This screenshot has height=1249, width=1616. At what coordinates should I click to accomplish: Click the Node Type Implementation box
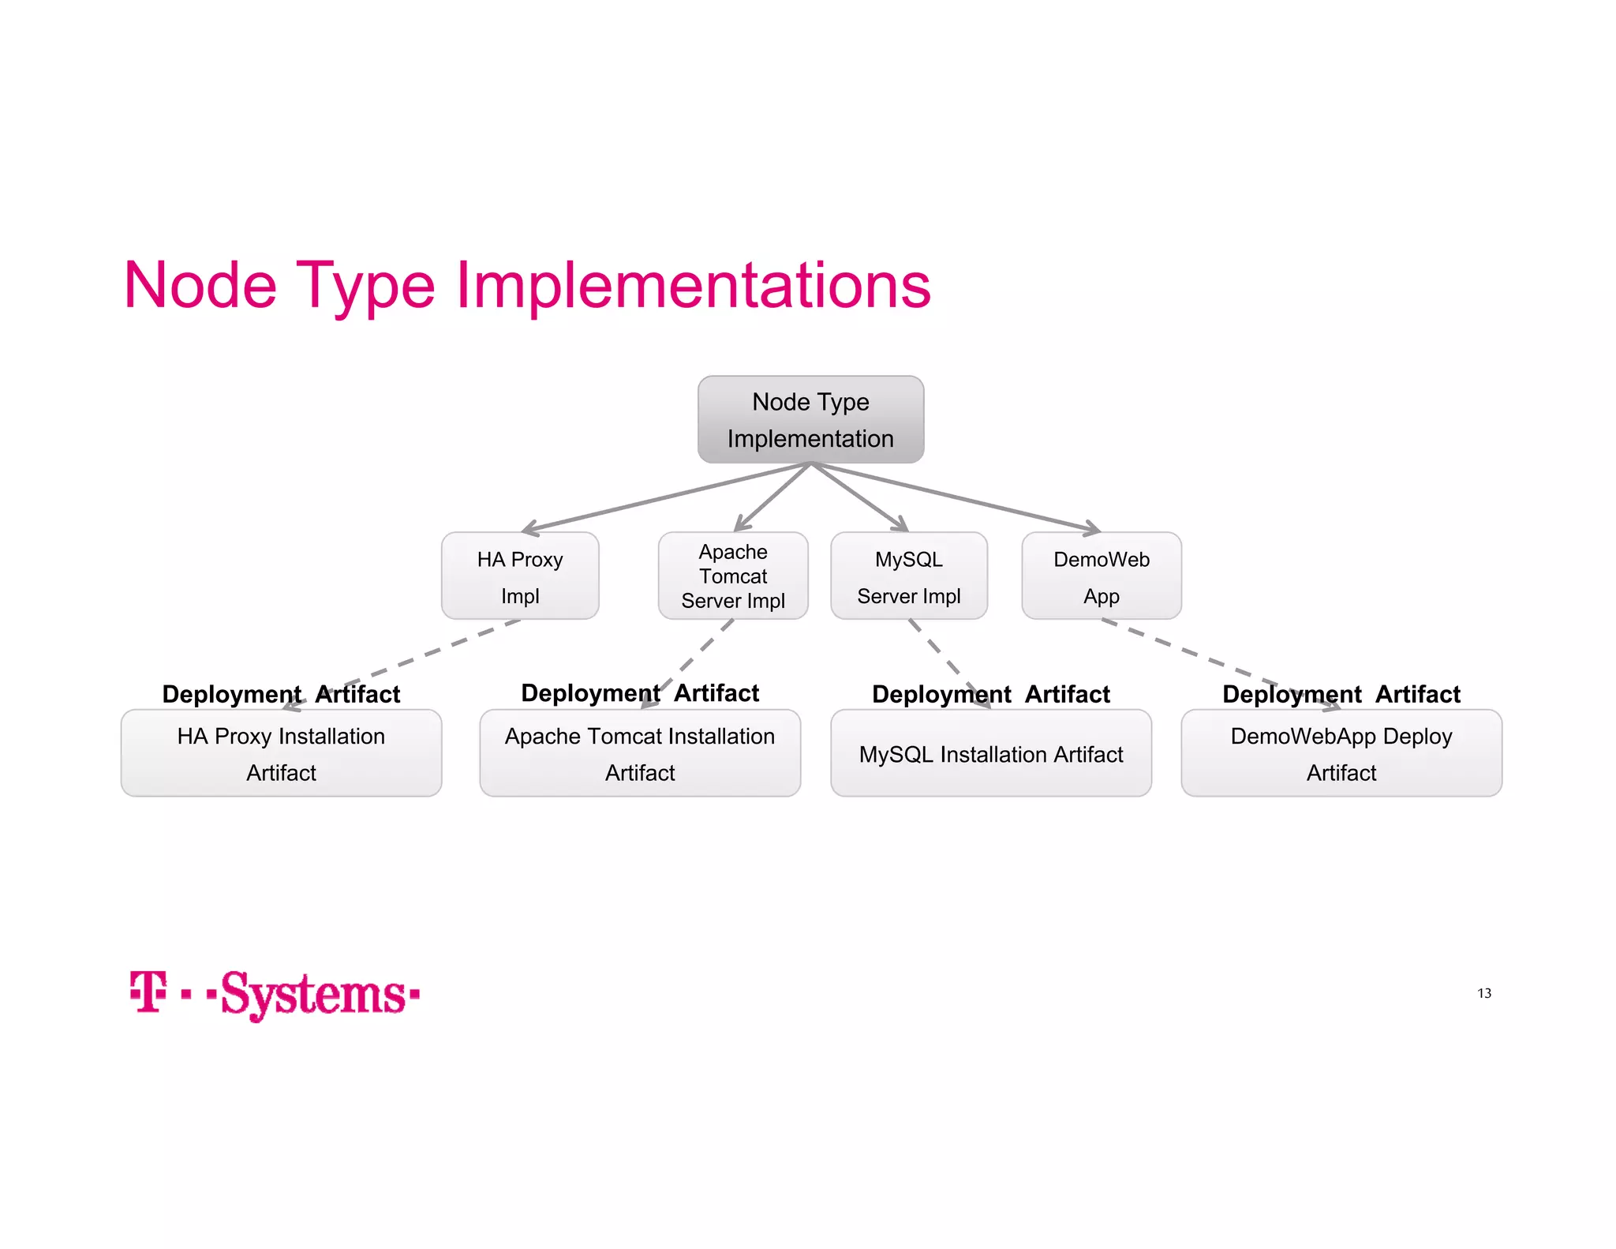click(810, 419)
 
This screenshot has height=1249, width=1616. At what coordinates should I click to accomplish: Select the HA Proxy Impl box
click(520, 576)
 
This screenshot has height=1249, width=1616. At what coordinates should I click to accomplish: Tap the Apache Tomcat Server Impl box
click(733, 576)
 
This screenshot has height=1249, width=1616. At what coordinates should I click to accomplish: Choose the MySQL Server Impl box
click(908, 576)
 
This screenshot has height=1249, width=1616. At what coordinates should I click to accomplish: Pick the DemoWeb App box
click(1101, 576)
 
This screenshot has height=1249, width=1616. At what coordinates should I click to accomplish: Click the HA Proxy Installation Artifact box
click(281, 753)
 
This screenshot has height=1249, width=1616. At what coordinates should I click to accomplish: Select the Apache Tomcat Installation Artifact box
click(640, 753)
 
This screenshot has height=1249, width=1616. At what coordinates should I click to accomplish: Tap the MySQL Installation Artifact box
click(990, 753)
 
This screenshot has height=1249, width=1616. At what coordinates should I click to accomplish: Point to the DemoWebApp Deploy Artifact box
click(1341, 753)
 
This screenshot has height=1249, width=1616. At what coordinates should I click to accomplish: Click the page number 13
click(1483, 993)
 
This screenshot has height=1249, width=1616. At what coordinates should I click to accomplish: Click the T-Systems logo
click(275, 993)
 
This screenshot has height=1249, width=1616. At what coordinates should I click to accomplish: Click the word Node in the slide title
click(200, 285)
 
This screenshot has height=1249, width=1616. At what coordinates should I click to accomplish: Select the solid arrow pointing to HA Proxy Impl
click(663, 497)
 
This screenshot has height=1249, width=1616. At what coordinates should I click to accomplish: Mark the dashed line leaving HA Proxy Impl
click(426, 655)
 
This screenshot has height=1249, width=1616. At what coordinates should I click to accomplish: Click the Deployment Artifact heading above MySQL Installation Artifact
click(990, 694)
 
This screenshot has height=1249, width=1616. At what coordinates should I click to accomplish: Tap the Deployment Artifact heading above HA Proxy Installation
click(281, 694)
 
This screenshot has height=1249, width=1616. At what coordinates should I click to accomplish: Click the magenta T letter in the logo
click(148, 992)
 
